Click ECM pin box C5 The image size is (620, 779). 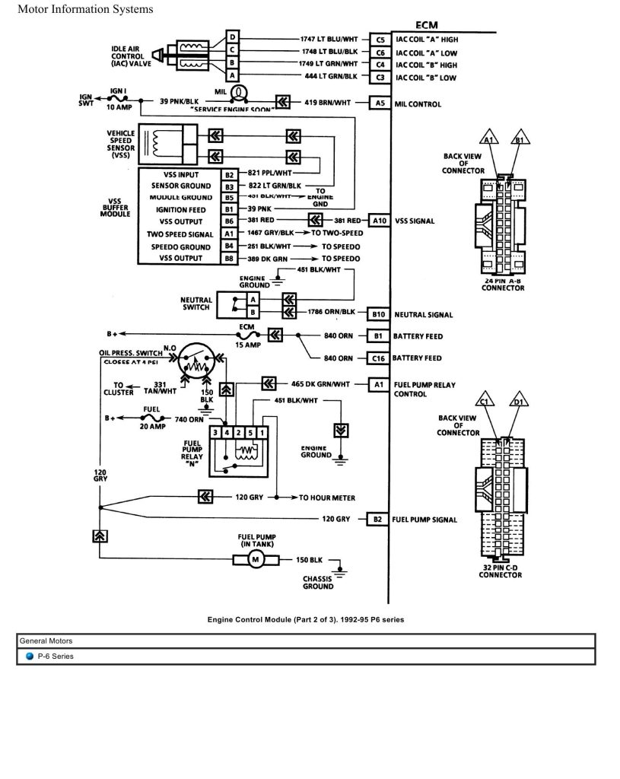378,38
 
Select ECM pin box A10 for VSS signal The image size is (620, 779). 378,221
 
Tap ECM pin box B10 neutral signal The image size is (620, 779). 378,313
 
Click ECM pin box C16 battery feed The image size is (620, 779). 378,358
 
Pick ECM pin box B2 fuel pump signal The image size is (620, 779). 378,520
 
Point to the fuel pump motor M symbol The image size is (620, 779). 256,560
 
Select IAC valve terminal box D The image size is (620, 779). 233,37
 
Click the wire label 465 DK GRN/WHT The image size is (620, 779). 320,383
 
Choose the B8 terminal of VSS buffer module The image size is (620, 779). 228,259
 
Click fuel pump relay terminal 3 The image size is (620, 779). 215,432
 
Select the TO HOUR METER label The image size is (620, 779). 326,498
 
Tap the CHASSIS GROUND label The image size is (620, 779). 318,582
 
